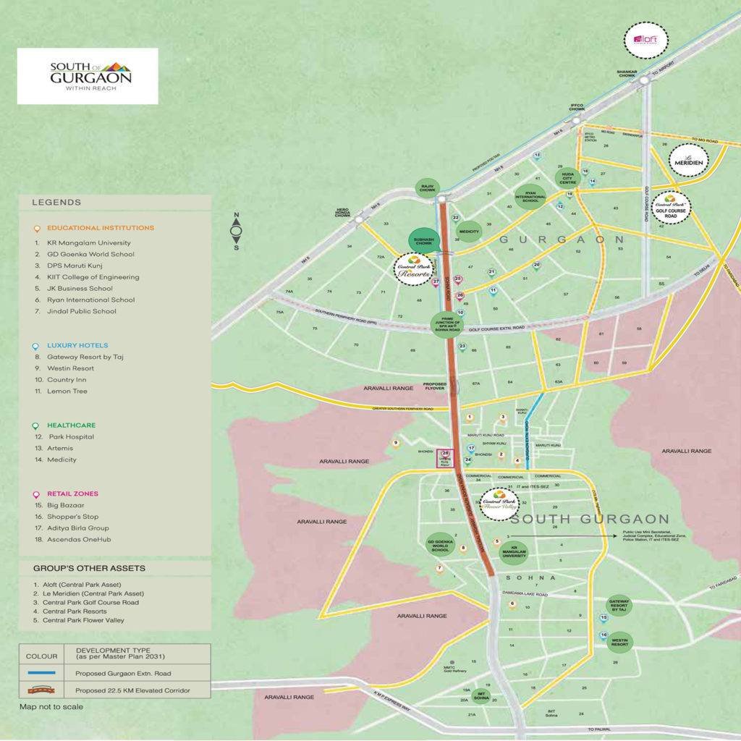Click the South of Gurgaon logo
tap(88, 75)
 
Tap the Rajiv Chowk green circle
tap(428, 189)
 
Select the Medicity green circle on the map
tap(470, 232)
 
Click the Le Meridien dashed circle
tap(688, 160)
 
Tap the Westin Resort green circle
tap(619, 641)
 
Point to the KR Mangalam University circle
tap(515, 551)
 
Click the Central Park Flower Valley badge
tap(499, 503)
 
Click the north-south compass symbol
tap(237, 232)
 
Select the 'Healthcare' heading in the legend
tap(72, 425)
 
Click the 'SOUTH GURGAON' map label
tap(590, 519)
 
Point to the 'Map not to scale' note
tap(51, 706)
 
